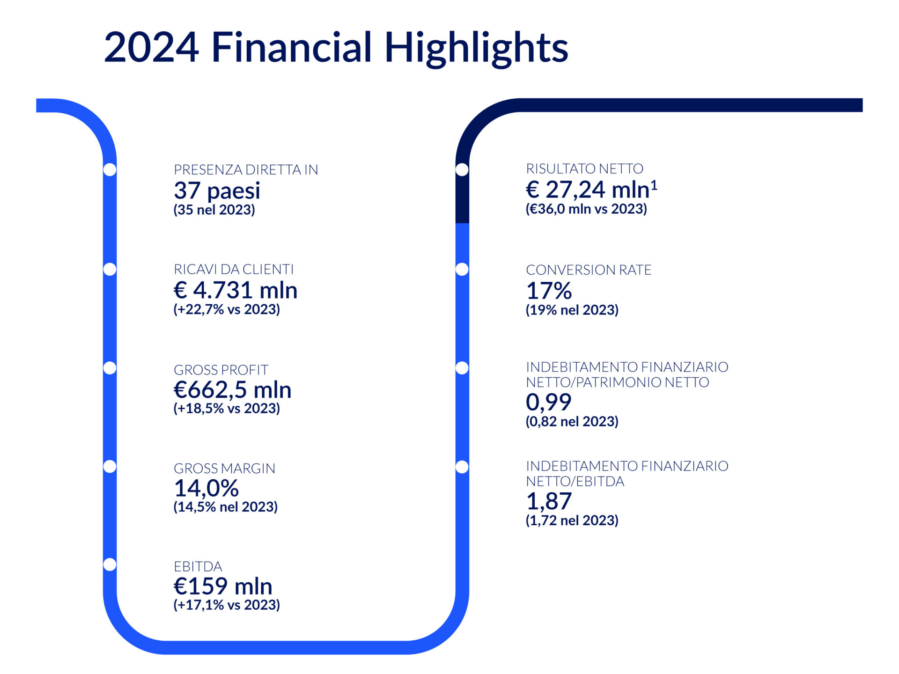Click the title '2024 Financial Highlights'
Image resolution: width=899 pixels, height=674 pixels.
[336, 48]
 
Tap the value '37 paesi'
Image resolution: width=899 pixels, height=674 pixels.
[217, 190]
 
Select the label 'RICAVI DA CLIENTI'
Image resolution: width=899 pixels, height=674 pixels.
[234, 269]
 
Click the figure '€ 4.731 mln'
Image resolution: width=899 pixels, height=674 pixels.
[236, 290]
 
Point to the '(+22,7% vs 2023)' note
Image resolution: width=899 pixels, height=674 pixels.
[227, 309]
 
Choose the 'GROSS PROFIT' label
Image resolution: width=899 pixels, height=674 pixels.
[221, 370]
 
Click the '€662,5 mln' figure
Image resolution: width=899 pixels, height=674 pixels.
[233, 389]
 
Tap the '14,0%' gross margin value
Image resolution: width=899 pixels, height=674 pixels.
[206, 488]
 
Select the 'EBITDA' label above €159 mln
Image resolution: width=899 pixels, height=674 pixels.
[198, 566]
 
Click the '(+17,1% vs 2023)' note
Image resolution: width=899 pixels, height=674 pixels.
[227, 605]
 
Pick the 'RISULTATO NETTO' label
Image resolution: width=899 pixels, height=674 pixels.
[585, 168]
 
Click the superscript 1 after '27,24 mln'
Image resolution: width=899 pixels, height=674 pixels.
[654, 186]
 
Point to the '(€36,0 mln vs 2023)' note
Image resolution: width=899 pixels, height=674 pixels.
[586, 209]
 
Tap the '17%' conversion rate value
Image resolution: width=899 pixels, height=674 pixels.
[549, 291]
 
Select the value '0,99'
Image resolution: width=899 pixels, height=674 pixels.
[549, 402]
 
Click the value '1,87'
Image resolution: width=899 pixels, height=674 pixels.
[549, 501]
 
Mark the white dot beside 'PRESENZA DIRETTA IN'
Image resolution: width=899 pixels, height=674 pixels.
[110, 169]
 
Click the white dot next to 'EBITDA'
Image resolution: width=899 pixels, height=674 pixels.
[110, 564]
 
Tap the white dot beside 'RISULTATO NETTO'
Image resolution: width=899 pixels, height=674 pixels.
[462, 169]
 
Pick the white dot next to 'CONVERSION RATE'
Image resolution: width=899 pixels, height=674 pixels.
[462, 269]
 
